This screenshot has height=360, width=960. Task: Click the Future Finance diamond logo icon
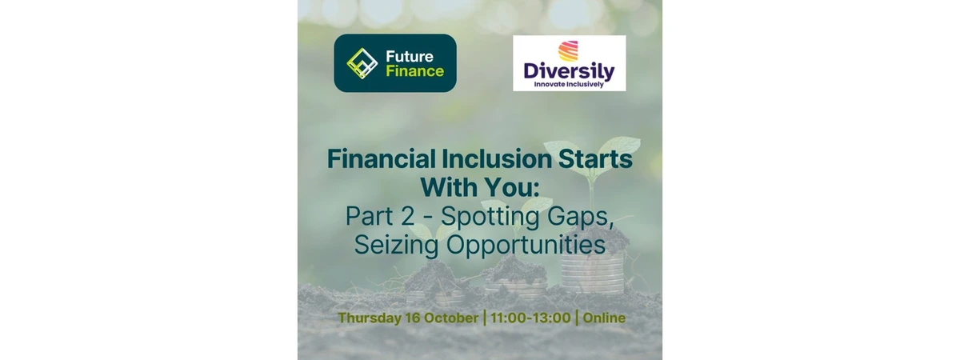[x=362, y=63]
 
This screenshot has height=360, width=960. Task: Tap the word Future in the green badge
[x=410, y=56]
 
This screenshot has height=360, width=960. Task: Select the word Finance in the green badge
[x=415, y=70]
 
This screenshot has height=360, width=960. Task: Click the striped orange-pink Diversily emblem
[x=568, y=51]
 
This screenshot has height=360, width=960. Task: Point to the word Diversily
[x=569, y=71]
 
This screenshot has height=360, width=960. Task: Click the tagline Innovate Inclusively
[x=569, y=85]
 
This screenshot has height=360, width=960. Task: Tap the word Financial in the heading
[x=381, y=159]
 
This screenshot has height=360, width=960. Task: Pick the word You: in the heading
[x=512, y=188]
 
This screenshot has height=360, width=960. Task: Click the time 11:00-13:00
[x=530, y=318]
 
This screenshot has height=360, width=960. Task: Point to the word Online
[x=604, y=318]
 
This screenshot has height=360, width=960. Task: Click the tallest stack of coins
[x=592, y=271]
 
